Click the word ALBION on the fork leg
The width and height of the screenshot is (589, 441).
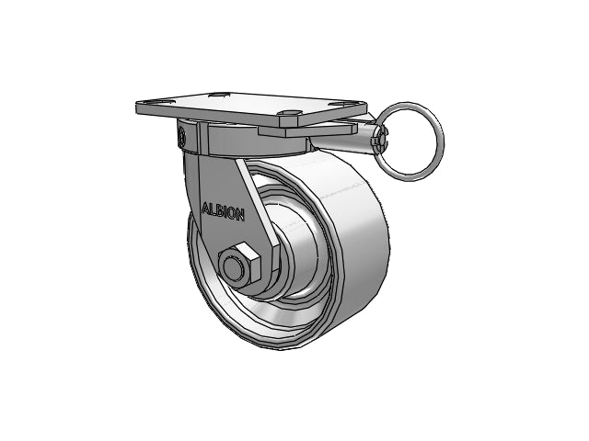[224, 211]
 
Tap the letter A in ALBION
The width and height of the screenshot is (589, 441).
[206, 209]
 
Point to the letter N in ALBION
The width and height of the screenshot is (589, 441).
[240, 215]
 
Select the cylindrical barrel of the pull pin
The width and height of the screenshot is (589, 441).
[365, 139]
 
